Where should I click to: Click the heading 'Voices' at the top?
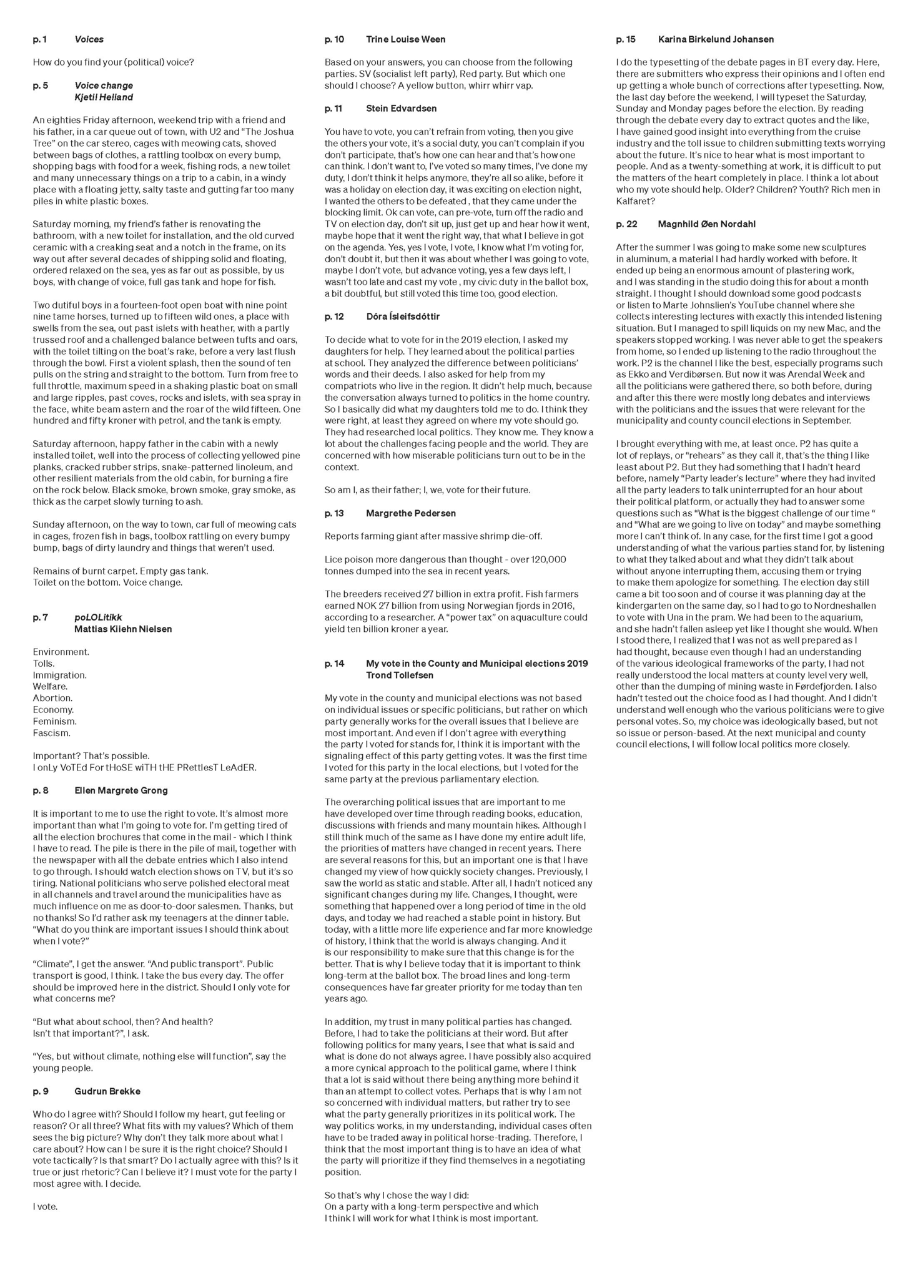click(89, 39)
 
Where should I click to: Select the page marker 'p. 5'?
click(41, 86)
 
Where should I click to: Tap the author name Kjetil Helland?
click(104, 97)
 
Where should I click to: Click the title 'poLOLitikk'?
click(98, 617)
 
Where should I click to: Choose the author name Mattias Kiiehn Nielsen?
click(123, 629)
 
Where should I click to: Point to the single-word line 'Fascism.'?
click(52, 733)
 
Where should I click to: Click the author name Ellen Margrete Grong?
click(121, 790)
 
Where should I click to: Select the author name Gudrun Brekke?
click(107, 1091)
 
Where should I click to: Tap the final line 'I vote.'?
click(46, 1207)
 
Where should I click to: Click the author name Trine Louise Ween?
click(406, 39)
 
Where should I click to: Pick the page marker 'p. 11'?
click(333, 109)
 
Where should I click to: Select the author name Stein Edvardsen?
click(402, 109)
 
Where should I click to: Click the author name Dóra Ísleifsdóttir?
click(403, 317)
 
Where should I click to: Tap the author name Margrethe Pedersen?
click(411, 513)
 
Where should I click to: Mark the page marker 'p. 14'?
click(335, 664)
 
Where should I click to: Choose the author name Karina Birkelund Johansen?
click(716, 39)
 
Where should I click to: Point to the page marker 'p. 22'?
click(626, 224)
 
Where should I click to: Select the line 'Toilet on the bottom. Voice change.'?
click(107, 582)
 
